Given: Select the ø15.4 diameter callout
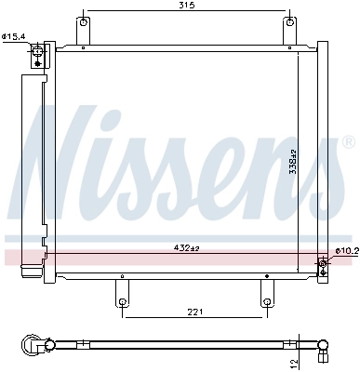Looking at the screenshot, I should [13, 36].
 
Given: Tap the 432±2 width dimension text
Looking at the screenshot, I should [187, 247].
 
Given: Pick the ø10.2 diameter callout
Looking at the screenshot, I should [345, 250].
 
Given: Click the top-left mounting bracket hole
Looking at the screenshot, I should [85, 21].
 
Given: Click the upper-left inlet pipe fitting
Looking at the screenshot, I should [37, 55].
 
